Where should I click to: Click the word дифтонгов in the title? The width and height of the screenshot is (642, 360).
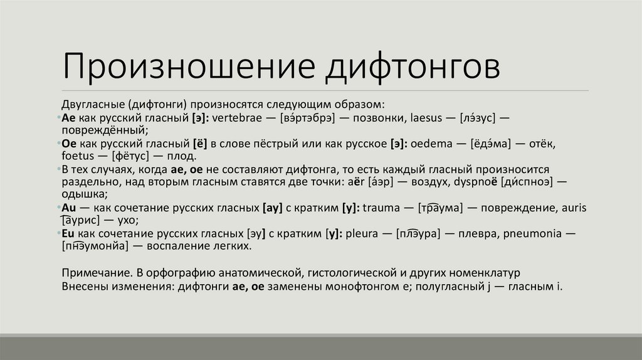tap(411, 68)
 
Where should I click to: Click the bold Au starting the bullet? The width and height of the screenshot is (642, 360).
tap(69, 207)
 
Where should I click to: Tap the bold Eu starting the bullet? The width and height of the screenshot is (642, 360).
tap(69, 233)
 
